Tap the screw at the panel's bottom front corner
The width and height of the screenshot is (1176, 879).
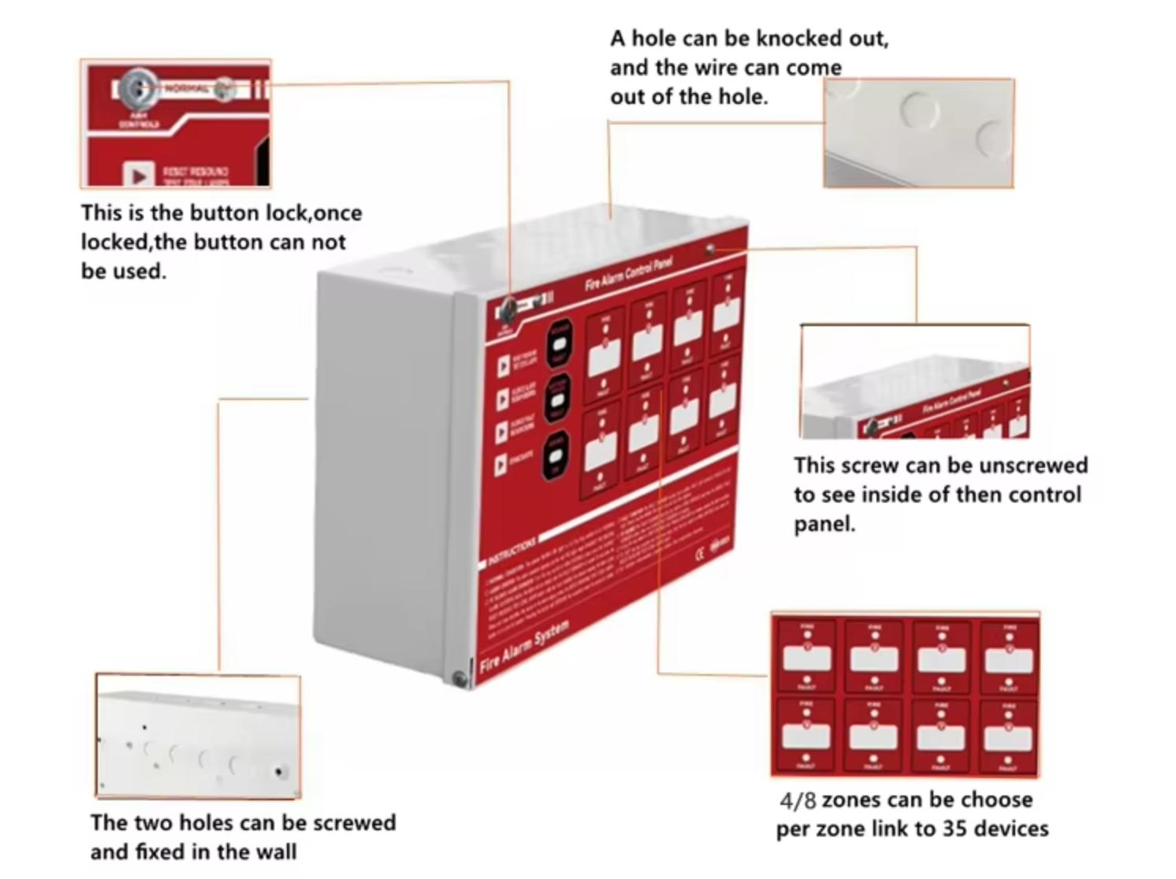pos(458,677)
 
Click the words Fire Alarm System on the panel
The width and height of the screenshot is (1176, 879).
pos(523,645)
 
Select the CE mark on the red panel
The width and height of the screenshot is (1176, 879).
pos(699,553)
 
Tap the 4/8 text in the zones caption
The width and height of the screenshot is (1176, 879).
pos(798,800)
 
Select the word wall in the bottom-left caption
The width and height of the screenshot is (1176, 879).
pos(276,851)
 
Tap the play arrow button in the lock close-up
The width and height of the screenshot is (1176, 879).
pos(139,175)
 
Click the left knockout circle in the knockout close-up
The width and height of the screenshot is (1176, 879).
pos(917,108)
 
